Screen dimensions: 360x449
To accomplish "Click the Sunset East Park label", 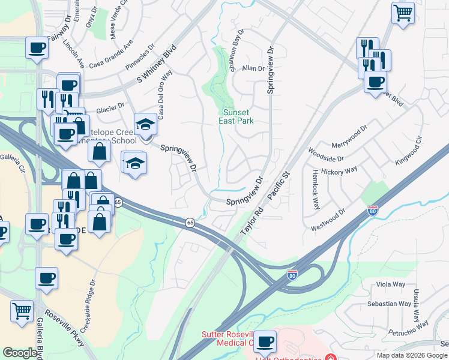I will click(238, 116).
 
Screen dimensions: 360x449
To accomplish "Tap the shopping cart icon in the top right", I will click(403, 12).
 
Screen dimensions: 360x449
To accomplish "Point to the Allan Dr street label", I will click(253, 69).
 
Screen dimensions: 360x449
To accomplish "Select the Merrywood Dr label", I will click(349, 138).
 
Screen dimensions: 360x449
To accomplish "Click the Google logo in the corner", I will click(20, 353).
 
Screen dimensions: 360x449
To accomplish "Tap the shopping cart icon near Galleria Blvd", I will click(22, 311).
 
